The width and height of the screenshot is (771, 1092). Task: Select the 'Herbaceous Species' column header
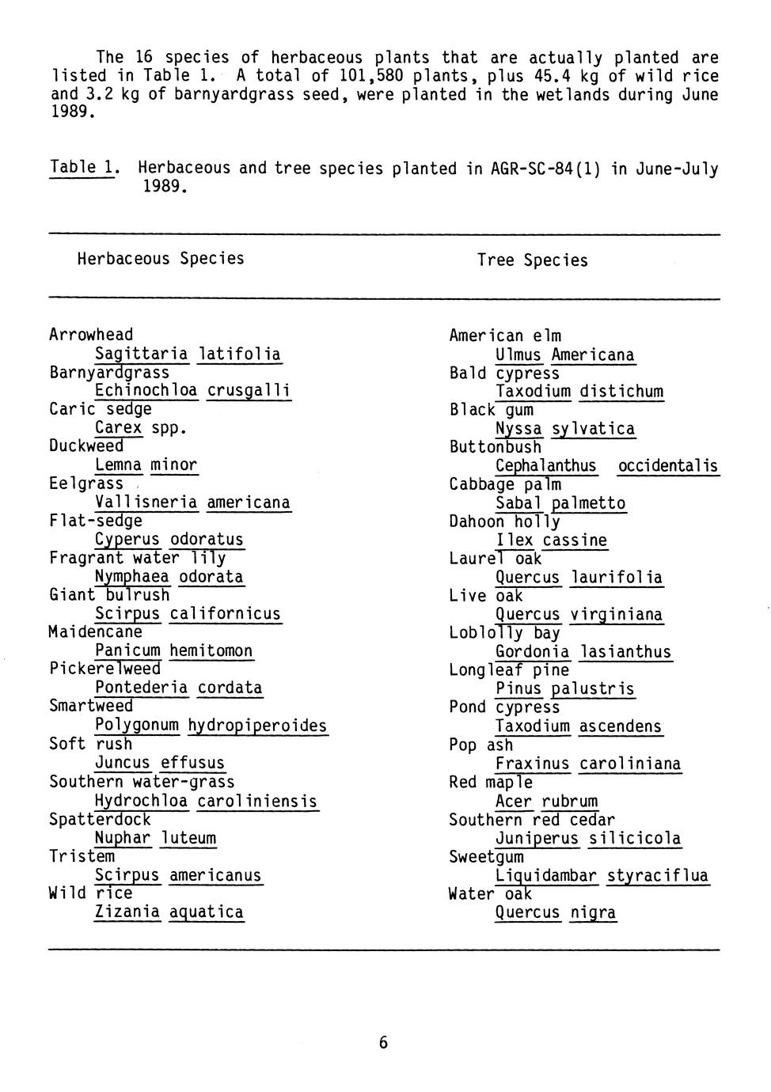point(161,259)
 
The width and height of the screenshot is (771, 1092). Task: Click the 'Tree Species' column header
point(532,260)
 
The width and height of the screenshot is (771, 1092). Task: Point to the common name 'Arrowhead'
point(91,335)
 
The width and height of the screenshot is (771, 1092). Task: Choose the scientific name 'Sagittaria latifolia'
point(188,354)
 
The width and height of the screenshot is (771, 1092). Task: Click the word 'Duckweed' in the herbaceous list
point(86,446)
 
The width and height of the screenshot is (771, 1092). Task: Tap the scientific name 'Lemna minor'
point(146,465)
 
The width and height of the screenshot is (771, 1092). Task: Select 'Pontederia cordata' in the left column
point(178,688)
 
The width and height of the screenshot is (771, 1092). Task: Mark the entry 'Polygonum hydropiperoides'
point(211,726)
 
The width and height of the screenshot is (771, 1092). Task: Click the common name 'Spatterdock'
point(100,820)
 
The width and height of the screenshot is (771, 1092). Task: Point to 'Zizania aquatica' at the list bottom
point(169,912)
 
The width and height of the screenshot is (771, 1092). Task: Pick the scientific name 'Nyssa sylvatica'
point(564,429)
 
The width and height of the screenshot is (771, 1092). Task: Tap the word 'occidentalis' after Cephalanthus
point(667,466)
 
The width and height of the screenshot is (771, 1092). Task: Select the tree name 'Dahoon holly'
point(504,522)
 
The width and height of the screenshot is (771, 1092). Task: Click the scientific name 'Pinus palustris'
point(564,688)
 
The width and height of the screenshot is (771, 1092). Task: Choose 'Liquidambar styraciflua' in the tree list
point(602,876)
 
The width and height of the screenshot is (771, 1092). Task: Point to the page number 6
point(384,1043)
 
